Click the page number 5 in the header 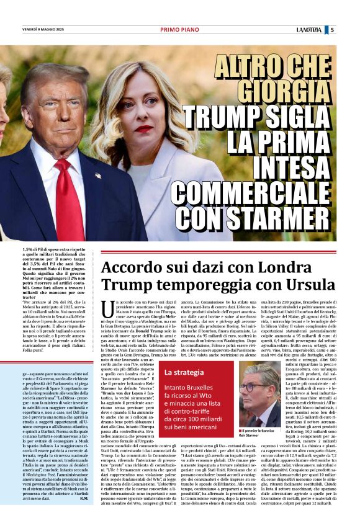349,29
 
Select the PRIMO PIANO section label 179,29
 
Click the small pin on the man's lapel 98,176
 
